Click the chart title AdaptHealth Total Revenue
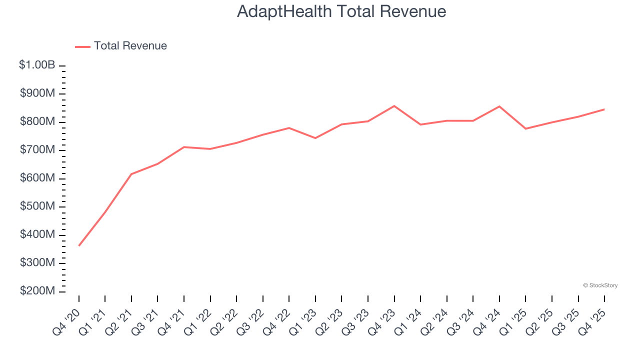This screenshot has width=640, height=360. coord(341,11)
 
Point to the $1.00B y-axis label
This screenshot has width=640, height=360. coord(37,65)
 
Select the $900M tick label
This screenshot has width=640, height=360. coord(37,93)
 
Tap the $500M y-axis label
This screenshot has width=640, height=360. coord(37,206)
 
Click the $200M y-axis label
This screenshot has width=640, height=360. coord(37,291)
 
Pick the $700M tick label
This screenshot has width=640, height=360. coord(37,150)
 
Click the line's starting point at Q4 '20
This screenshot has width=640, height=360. coord(79,245)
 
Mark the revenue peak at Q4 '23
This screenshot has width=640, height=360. coord(394,106)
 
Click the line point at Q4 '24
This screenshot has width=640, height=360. coord(499,106)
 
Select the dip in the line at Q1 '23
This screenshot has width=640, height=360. coord(315,138)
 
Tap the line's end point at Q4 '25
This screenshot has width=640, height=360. coord(604,109)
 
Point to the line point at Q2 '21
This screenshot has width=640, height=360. coord(131,174)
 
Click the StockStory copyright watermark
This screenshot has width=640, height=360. coord(600,285)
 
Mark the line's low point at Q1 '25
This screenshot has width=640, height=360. coord(525,128)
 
